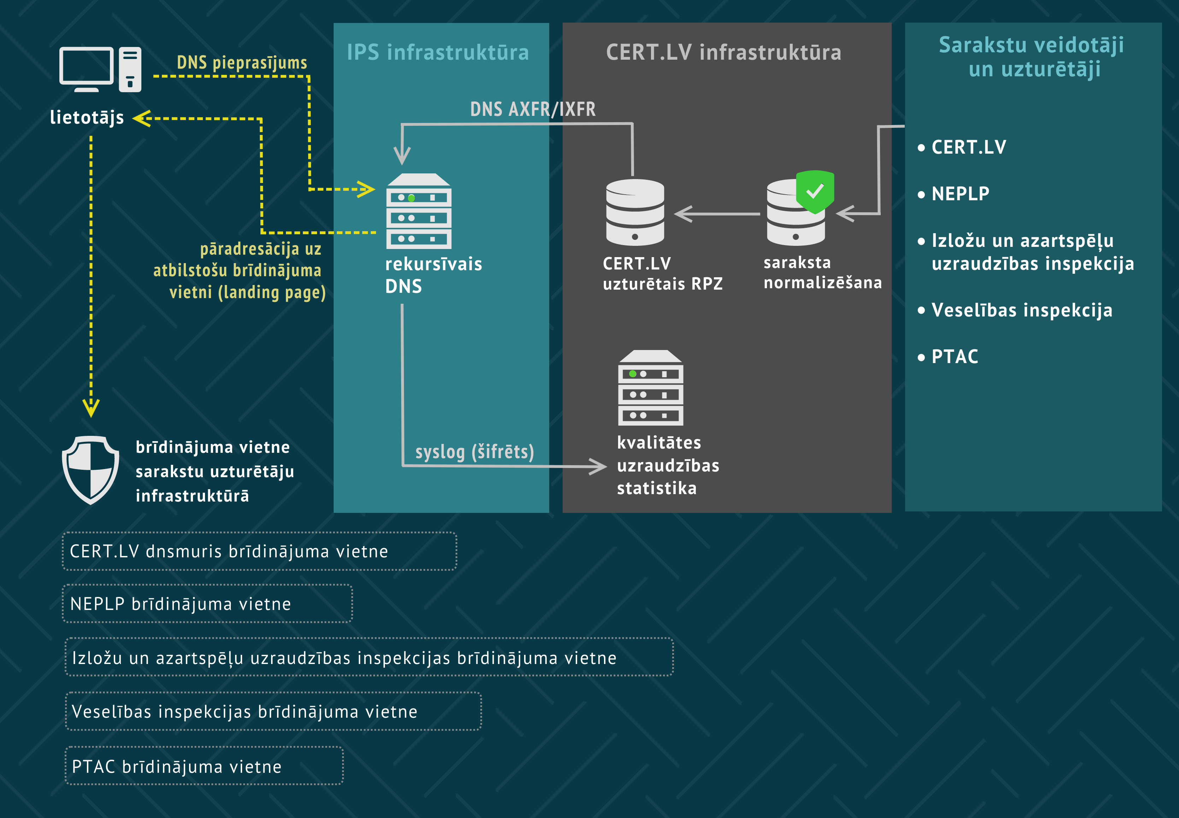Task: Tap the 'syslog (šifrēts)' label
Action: (474, 451)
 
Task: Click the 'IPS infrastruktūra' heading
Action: (438, 52)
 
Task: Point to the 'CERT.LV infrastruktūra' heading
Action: (723, 52)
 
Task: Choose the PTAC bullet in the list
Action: (954, 356)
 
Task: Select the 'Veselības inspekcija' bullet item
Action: (1021, 310)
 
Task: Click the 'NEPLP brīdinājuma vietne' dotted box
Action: (207, 603)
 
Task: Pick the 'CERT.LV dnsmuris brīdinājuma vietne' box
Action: (259, 551)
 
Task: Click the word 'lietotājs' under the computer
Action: (87, 117)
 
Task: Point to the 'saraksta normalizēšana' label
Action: (822, 272)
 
